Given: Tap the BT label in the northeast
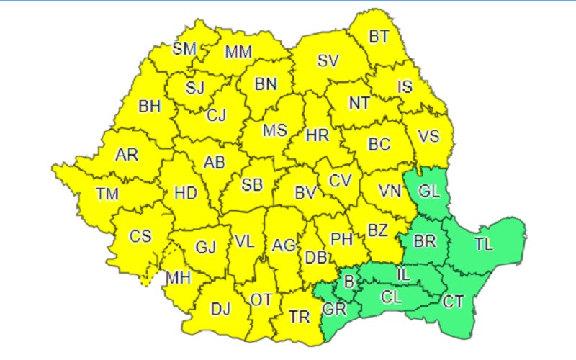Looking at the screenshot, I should coord(379,36).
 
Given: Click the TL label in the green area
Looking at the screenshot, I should coord(484,244).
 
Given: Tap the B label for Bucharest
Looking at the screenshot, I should coord(349,282).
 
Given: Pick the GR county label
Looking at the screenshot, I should coord(335,310).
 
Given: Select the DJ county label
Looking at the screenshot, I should coord(220,310).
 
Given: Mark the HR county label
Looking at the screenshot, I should coord(318,135).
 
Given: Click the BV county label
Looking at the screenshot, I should coord(307,193).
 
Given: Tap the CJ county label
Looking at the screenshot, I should coord(216,114).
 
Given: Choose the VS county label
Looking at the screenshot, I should coord(429,135).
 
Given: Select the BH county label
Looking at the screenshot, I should coord(150,107).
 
